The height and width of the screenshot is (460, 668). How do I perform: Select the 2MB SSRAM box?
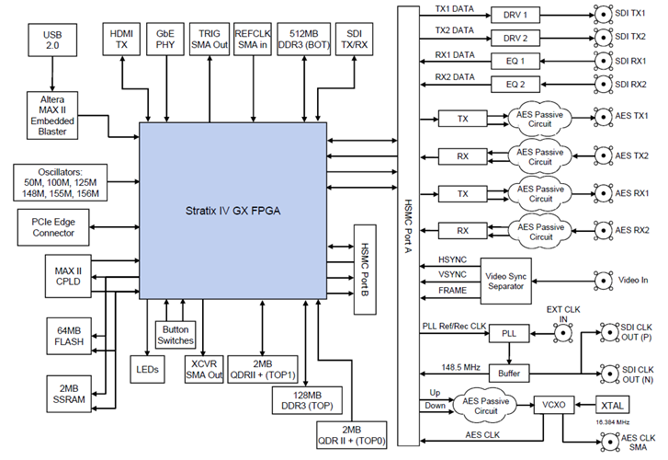(70, 393)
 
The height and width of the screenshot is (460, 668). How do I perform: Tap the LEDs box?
(147, 370)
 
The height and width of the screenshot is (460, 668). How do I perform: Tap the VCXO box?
(551, 405)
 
